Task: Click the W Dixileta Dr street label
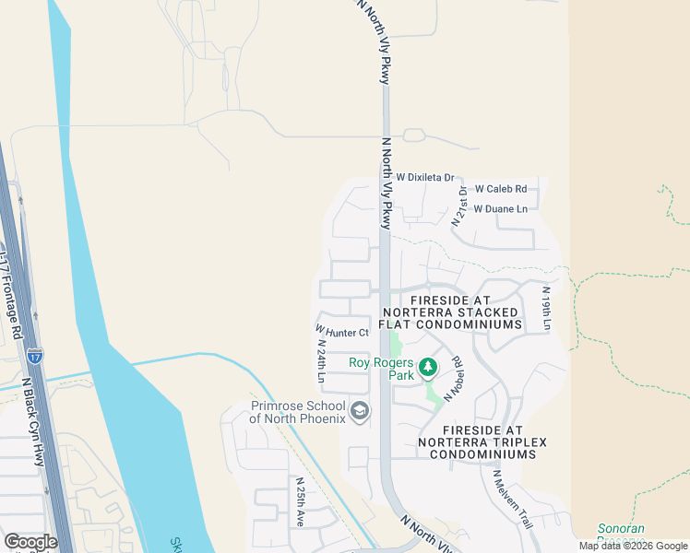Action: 425,177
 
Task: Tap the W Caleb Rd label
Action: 501,188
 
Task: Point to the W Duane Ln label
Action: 501,209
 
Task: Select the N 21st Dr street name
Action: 458,206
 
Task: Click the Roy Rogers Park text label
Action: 382,369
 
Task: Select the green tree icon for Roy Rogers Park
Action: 427,369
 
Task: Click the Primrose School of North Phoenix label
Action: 297,412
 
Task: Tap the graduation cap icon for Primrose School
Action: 360,412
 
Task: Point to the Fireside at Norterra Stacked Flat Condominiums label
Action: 466,312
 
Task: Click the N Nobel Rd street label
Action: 452,378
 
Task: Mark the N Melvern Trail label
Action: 512,499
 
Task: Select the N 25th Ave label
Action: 300,502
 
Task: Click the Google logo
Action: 30,541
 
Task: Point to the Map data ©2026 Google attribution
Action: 632,546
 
